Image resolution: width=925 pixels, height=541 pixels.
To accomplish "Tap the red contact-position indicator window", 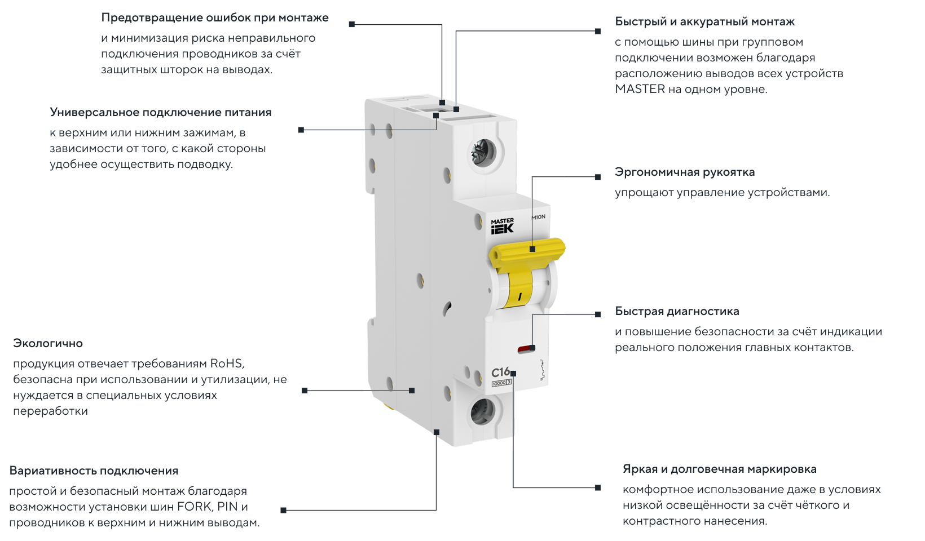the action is pyautogui.click(x=525, y=349).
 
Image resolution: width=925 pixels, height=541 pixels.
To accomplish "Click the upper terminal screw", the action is pyautogui.click(x=483, y=152).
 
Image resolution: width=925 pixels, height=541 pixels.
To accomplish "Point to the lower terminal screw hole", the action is pyautogui.click(x=482, y=411).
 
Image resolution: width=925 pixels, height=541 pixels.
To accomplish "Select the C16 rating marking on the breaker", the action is pyautogui.click(x=500, y=373).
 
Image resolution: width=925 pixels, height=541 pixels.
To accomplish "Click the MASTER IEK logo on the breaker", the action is pyautogui.click(x=502, y=226).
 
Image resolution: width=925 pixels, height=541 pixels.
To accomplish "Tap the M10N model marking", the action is pyautogui.click(x=539, y=217).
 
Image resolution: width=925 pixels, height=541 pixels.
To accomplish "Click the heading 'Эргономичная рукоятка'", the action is pyautogui.click(x=685, y=172).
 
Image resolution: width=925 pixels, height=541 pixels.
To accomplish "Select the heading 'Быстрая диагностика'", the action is pyautogui.click(x=677, y=311).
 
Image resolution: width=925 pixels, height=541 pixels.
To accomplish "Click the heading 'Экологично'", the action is pyautogui.click(x=48, y=343).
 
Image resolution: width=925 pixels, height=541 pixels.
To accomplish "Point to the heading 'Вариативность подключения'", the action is pyautogui.click(x=94, y=471).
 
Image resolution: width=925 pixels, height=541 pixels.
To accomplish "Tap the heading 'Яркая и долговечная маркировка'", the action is pyautogui.click(x=719, y=469).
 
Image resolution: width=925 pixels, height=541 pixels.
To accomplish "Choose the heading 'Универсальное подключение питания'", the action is pyautogui.click(x=161, y=112).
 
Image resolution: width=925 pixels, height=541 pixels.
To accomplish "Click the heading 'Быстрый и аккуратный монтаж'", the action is pyautogui.click(x=704, y=21).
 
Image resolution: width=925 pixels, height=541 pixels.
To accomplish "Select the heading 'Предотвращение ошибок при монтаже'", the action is pyautogui.click(x=215, y=17).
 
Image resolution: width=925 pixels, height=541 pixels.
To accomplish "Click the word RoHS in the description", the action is pyautogui.click(x=226, y=363).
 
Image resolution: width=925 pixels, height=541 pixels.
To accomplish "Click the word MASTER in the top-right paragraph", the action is pyautogui.click(x=640, y=89).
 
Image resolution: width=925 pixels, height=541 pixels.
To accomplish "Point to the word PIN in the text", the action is pyautogui.click(x=227, y=506).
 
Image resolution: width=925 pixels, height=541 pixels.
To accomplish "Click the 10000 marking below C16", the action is pyautogui.click(x=499, y=383).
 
